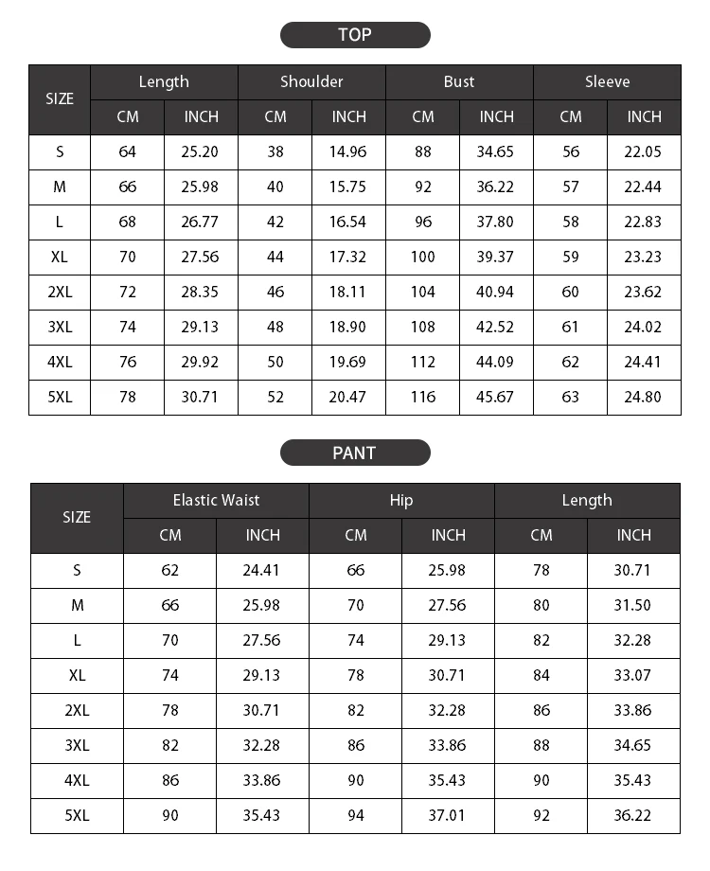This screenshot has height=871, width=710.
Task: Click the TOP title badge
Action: tap(355, 35)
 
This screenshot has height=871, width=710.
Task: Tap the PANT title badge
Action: tap(355, 453)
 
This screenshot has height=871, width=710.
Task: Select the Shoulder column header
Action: tap(311, 82)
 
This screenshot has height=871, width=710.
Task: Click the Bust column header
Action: tap(459, 82)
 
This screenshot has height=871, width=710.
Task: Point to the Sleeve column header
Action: tap(607, 82)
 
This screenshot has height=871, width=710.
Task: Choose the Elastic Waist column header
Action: tap(216, 500)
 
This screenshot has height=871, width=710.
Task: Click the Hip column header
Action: tap(401, 500)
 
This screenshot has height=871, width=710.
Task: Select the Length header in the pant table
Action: tap(587, 500)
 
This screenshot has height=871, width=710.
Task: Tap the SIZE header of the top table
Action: tap(60, 99)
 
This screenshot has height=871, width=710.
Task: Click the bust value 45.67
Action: tap(496, 397)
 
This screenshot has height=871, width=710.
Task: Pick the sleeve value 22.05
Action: tap(644, 151)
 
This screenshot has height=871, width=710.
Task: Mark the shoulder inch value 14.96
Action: tap(348, 151)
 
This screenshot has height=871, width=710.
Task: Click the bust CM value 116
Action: tap(423, 397)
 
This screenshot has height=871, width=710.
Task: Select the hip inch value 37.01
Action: tap(448, 815)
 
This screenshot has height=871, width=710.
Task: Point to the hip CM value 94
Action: tap(356, 815)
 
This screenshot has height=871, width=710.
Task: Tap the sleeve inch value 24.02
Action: tap(644, 327)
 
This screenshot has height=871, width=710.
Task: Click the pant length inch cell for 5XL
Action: tap(633, 815)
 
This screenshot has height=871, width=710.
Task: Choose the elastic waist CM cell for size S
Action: tap(170, 570)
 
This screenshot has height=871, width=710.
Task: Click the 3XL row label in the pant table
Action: tap(77, 745)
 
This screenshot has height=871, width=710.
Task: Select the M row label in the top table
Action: tap(60, 187)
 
